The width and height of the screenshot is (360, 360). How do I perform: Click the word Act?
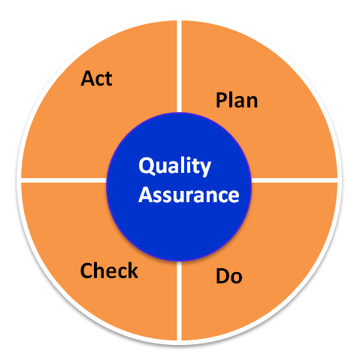coord(96,78)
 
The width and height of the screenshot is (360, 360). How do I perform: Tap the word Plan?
coord(237,100)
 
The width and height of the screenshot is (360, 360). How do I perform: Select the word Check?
coord(109,271)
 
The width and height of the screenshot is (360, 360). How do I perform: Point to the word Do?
coord(229,276)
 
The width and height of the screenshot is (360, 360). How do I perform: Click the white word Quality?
coord(174,166)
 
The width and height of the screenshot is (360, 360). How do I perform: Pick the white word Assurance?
coord(189,195)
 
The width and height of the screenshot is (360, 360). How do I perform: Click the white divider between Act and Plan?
coord(179,66)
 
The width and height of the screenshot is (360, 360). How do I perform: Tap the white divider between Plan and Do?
coord(295,180)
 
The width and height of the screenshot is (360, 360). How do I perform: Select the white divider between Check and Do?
coord(179,301)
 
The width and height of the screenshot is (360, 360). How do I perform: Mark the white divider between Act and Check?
coord(64,180)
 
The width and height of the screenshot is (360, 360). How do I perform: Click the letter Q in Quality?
coord(146,165)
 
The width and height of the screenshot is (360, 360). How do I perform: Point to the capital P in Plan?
coord(222,100)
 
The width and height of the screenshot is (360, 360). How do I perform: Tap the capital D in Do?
coord(222,276)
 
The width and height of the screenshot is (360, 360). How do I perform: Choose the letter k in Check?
coord(132,271)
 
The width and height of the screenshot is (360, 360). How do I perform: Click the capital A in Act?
coord(88,78)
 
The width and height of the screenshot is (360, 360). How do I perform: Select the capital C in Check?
coord(86,271)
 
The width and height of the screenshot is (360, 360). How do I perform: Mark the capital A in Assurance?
coord(147,194)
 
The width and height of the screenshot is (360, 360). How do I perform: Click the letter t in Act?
coord(109,80)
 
